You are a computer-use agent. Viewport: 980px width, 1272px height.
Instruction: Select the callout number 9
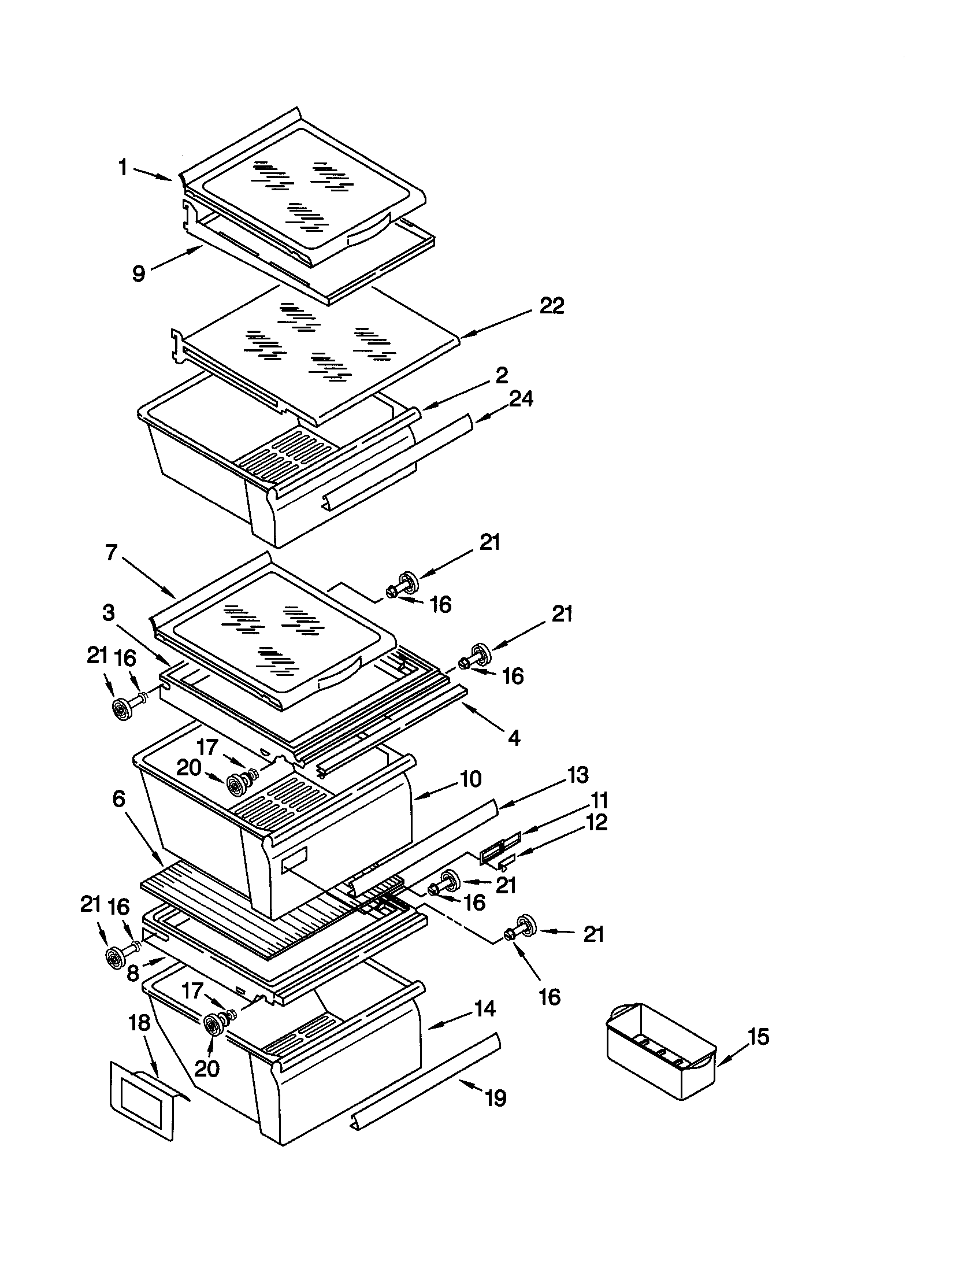[139, 272]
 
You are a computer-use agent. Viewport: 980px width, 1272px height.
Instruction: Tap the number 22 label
[551, 305]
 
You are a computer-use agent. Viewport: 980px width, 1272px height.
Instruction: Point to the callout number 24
[520, 399]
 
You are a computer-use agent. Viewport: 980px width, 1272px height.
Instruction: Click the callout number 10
[470, 779]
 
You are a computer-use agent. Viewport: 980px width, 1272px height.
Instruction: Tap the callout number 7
[112, 552]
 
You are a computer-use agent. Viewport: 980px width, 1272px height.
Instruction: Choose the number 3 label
[109, 612]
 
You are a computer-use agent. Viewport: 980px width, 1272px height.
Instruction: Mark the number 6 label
[118, 799]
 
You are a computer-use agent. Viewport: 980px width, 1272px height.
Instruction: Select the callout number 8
[133, 971]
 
